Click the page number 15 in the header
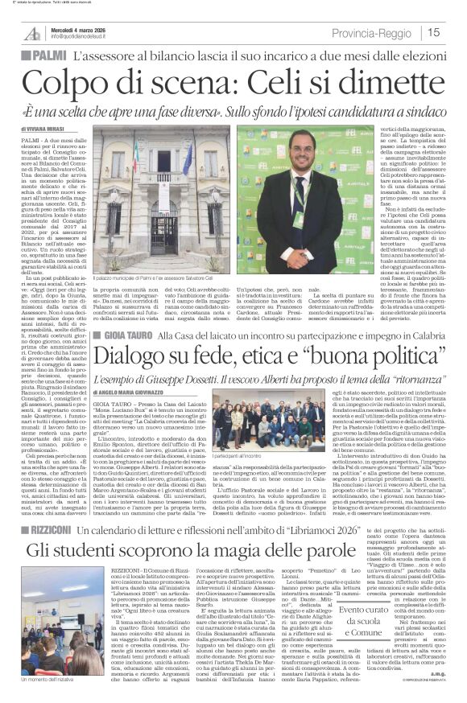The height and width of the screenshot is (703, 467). [432, 31]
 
